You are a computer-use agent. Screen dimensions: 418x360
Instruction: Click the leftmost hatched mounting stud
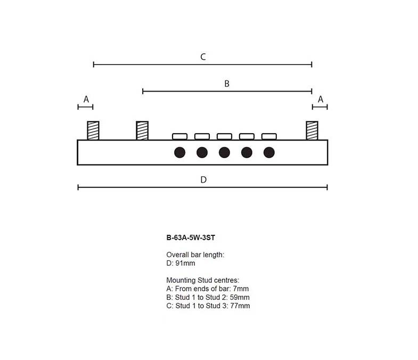pos(93,130)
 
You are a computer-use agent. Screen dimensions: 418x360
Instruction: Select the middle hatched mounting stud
pos(142,130)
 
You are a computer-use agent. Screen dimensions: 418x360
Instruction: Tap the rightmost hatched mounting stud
pos(312,130)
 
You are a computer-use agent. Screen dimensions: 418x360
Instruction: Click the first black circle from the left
pos(179,152)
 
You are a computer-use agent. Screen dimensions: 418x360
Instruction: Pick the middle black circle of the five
pos(225,152)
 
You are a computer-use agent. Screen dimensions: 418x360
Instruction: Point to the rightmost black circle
pos(269,152)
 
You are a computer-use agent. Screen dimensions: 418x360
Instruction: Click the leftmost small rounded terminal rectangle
pos(179,136)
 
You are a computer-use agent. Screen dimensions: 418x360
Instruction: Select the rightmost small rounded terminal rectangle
pos(269,136)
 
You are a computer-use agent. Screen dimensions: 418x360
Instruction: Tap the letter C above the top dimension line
pos(203,57)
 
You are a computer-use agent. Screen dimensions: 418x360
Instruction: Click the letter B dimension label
pos(227,84)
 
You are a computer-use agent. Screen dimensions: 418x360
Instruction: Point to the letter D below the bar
pos(203,179)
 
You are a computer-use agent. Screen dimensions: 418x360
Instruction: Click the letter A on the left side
pos(86,99)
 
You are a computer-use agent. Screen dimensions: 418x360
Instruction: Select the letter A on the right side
pos(321,99)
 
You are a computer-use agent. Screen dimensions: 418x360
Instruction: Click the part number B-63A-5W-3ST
pos(191,238)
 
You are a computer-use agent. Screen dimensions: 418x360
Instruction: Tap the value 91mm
pos(185,263)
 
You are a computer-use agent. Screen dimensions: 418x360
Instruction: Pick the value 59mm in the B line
pos(240,297)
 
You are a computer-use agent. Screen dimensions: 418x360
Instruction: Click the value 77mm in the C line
pos(240,306)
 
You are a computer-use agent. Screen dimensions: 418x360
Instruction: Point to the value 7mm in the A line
pos(241,289)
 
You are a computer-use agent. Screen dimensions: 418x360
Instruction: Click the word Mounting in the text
pos(181,281)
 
